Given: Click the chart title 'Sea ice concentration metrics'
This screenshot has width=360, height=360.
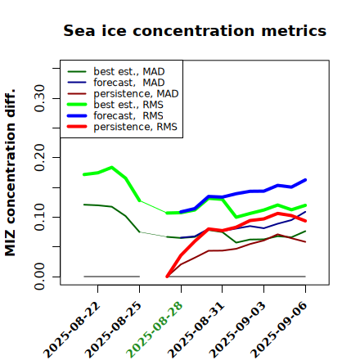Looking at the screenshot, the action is pyautogui.click(x=195, y=30).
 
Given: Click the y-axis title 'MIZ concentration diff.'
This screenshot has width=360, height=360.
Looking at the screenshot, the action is pyautogui.click(x=10, y=173).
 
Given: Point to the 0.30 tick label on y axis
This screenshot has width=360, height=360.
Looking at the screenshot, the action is pyautogui.click(x=39, y=98).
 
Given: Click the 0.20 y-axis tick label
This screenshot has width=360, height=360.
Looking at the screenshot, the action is pyautogui.click(x=39, y=158).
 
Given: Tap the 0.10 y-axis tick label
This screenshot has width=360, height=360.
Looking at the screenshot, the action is pyautogui.click(x=39, y=217).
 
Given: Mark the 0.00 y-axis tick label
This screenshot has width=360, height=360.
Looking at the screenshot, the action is pyautogui.click(x=39, y=277).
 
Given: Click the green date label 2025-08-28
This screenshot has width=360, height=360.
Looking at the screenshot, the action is pyautogui.click(x=155, y=330).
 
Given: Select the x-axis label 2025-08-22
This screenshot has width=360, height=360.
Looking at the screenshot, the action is pyautogui.click(x=71, y=330).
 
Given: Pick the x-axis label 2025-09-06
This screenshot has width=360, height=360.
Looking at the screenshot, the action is pyautogui.click(x=279, y=330).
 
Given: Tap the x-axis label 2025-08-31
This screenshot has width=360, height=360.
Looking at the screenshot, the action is pyautogui.click(x=196, y=330).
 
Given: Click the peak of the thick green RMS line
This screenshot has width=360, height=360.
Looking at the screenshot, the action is pyautogui.click(x=111, y=167).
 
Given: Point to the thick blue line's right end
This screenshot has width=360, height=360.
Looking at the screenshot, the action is pyautogui.click(x=305, y=180).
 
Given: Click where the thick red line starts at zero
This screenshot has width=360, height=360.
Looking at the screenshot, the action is pyautogui.click(x=167, y=277).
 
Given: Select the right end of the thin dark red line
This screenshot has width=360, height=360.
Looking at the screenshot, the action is pyautogui.click(x=305, y=241).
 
